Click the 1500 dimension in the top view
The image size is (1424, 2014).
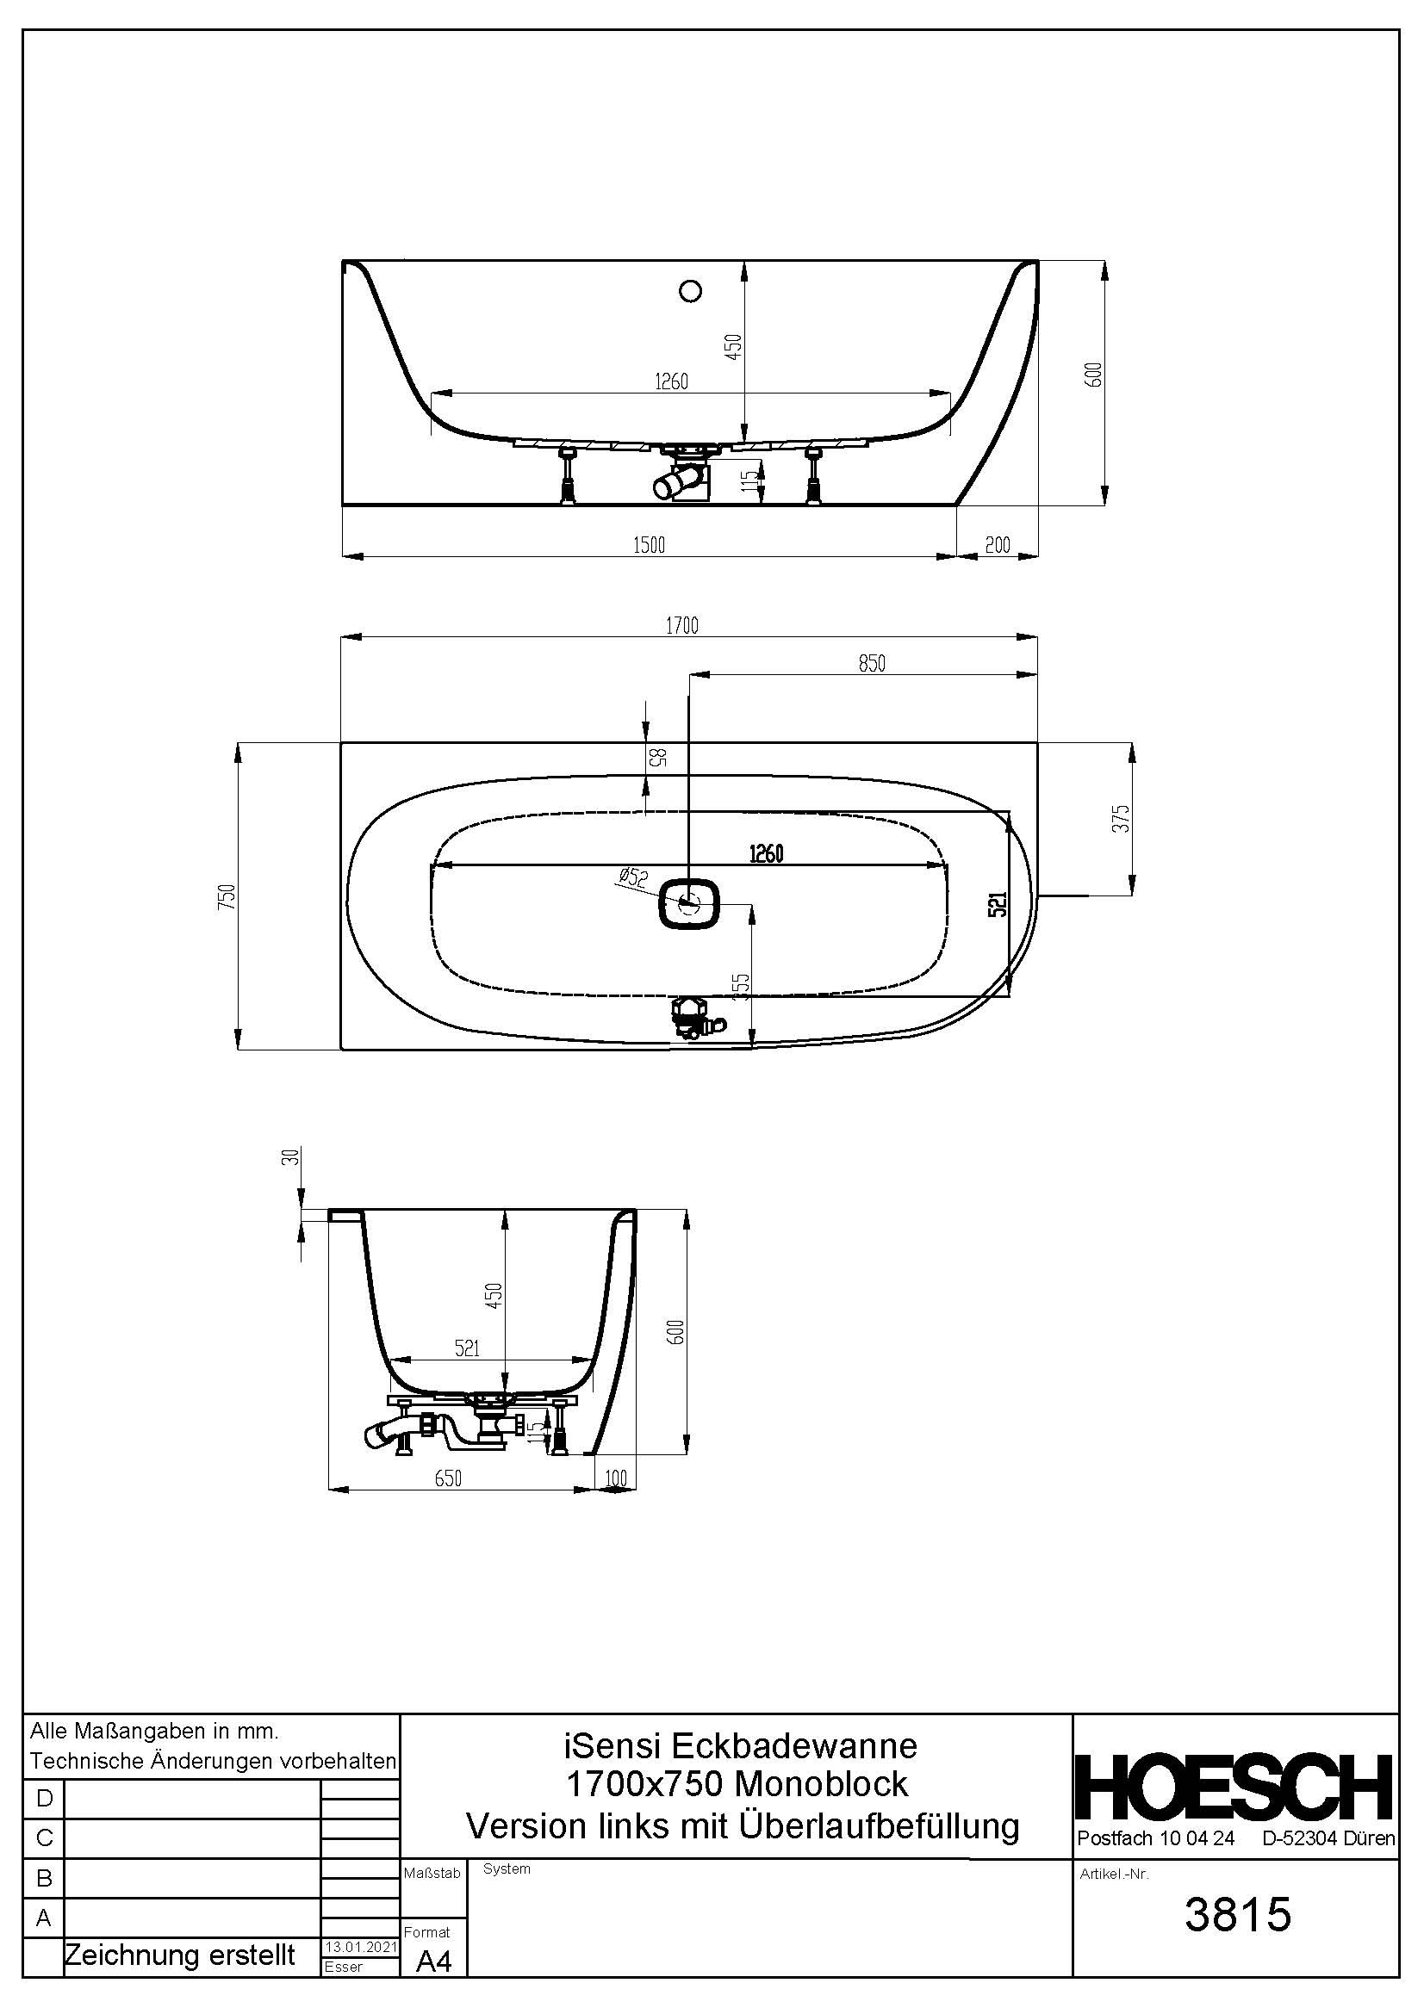click(x=650, y=545)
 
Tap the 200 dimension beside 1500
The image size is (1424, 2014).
click(x=998, y=545)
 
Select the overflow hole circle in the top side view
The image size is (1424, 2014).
click(x=692, y=291)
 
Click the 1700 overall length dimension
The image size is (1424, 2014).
click(x=681, y=625)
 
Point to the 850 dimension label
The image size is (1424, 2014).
click(x=871, y=663)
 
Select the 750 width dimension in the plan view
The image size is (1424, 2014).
click(x=227, y=895)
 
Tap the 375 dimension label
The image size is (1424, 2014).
click(x=1122, y=818)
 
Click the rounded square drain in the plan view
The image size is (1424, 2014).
click(x=690, y=902)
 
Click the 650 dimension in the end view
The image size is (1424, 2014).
click(x=447, y=1478)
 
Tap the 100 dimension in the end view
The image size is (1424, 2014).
click(x=617, y=1478)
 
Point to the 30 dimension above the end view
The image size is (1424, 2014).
click(x=295, y=1156)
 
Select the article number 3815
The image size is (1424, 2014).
click(x=1238, y=1915)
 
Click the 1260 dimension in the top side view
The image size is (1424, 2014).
click(x=671, y=381)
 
